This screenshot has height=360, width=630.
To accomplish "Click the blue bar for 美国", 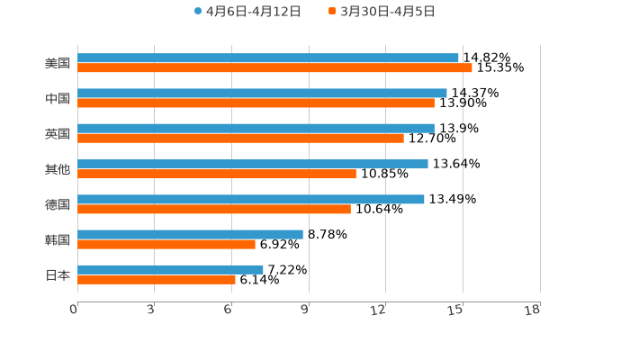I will point(268,58).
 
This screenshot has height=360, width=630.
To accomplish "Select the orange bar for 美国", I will point(274,67).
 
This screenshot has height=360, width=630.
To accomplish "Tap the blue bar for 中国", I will point(262,93).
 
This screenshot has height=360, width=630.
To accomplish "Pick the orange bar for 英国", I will point(240,138).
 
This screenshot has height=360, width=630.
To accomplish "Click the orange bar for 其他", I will point(217,174).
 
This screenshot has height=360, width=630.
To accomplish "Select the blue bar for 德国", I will point(251,199).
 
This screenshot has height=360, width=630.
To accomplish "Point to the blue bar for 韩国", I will point(190,234).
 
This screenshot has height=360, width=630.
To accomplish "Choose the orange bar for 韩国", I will point(166,244).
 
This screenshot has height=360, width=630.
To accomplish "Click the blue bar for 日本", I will point(170,269).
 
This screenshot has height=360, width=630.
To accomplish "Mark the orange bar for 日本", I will point(157,279).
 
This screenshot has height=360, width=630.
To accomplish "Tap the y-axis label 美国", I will point(58,63).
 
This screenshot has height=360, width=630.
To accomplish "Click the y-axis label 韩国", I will point(58,239).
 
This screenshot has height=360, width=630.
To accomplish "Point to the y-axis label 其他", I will point(58,169).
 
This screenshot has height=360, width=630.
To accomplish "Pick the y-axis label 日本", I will point(58,274).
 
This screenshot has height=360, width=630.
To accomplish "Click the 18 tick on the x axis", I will point(532,310).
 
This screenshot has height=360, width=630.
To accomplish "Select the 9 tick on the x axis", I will point(305,310).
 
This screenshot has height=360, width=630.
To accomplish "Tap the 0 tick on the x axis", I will point(74,310).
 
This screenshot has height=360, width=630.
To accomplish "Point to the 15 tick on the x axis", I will point(456,310).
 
